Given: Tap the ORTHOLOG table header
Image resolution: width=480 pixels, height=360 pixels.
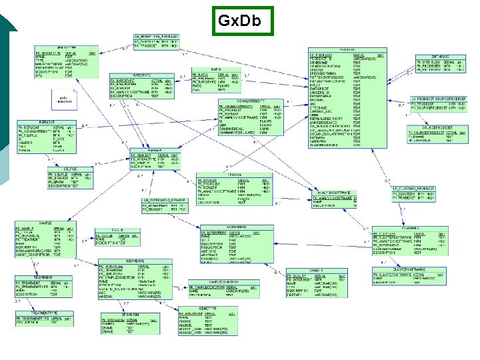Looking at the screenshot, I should pyautogui.click(x=439, y=56).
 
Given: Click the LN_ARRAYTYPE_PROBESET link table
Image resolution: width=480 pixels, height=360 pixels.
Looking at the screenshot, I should pyautogui.click(x=157, y=39).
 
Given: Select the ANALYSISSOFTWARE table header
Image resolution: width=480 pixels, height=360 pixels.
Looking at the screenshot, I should pyautogui.click(x=333, y=191).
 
